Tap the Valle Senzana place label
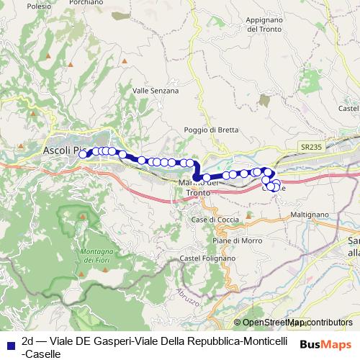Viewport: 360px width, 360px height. click(156, 91)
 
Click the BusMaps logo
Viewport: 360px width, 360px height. click(325, 343)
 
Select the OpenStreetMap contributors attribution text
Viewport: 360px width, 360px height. click(297, 323)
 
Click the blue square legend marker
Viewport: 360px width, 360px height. click(9, 342)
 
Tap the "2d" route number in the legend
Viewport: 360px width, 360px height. click(29, 341)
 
